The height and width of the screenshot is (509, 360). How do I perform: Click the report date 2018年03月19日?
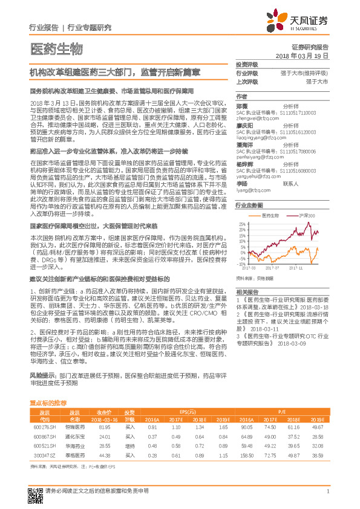[302, 55]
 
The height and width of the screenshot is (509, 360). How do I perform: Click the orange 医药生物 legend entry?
[264, 215]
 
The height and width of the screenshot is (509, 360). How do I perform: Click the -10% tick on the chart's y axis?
[240, 264]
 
